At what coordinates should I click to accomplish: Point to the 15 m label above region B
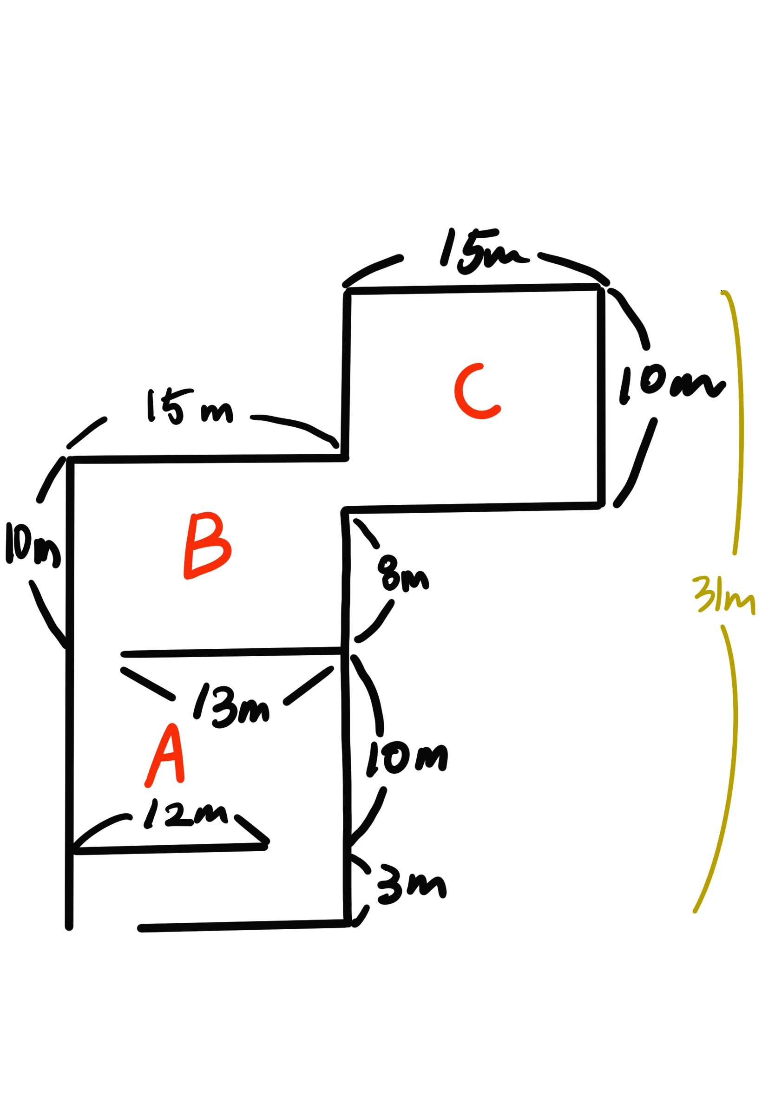[x=190, y=407]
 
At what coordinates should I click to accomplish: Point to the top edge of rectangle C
[x=473, y=289]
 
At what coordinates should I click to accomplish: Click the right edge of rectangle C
[x=601, y=396]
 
